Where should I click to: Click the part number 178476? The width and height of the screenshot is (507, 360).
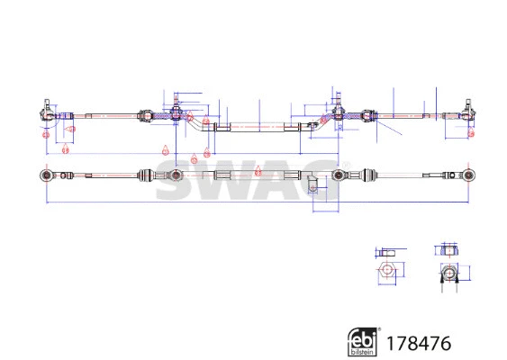tap(416, 343)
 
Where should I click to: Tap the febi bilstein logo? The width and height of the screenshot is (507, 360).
tap(363, 342)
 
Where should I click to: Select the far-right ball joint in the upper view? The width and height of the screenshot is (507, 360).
tap(469, 113)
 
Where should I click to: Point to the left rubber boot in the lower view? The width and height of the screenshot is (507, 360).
tap(144, 174)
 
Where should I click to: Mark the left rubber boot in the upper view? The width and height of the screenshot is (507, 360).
tap(144, 115)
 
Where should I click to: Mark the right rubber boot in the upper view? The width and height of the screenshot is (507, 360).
tap(367, 115)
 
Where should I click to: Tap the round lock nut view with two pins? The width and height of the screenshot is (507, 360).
tap(448, 273)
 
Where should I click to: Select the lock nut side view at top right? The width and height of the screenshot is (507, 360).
tap(448, 251)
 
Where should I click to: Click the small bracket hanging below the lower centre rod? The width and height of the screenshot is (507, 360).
tap(312, 185)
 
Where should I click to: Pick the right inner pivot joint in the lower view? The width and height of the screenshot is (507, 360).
tap(340, 174)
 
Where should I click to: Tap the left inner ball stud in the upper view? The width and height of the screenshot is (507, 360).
tap(177, 113)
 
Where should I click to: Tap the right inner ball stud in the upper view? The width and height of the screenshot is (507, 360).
tap(340, 113)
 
